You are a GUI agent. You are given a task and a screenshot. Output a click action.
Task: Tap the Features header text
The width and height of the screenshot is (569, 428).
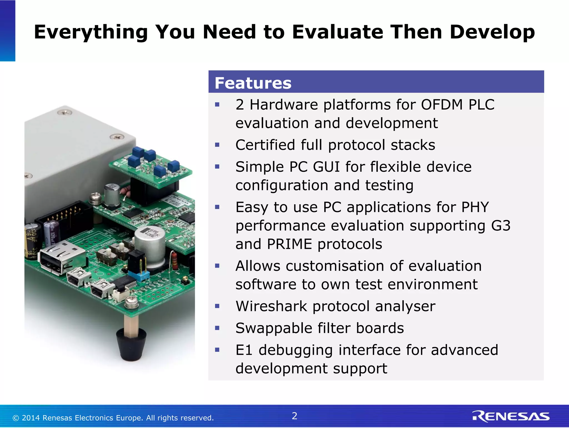pyautogui.click(x=253, y=83)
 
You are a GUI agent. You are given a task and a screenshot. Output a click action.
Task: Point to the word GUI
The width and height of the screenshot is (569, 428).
pyautogui.click(x=326, y=167)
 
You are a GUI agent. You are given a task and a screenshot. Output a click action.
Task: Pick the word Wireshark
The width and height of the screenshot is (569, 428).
pyautogui.click(x=271, y=306)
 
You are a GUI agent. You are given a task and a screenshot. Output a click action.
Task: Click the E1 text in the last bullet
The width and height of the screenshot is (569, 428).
pyautogui.click(x=244, y=350)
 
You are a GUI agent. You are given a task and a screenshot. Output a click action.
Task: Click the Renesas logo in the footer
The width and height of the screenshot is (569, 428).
pyautogui.click(x=511, y=417)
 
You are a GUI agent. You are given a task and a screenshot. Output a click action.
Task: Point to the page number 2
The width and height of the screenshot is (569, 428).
pyautogui.click(x=295, y=416)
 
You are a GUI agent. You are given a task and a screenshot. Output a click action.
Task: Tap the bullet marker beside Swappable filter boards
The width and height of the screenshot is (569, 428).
pyautogui.click(x=217, y=328)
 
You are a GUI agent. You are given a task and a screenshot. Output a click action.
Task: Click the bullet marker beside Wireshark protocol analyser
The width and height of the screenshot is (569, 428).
pyautogui.click(x=217, y=306)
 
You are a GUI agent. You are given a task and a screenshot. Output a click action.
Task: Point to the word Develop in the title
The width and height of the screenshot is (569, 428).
pyautogui.click(x=492, y=32)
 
